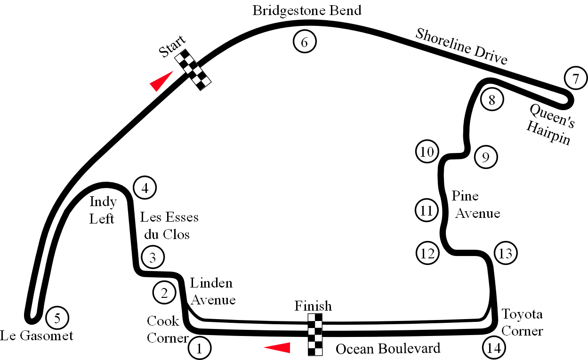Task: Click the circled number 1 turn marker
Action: (x=200, y=349)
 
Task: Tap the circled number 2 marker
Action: (x=164, y=293)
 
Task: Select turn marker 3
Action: (x=152, y=257)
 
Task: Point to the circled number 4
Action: (x=145, y=188)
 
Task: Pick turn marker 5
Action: (x=57, y=319)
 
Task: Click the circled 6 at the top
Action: (x=304, y=42)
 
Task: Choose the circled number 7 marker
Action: (x=575, y=78)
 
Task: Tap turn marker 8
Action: (x=492, y=100)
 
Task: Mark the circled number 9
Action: (x=485, y=157)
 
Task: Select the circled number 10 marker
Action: (x=427, y=152)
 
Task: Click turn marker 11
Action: (x=427, y=210)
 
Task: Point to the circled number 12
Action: (x=427, y=253)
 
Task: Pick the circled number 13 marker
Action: (x=505, y=253)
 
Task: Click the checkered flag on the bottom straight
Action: (x=314, y=334)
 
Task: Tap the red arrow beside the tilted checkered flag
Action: (x=161, y=80)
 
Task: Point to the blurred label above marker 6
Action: (x=306, y=9)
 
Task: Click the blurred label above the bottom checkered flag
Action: (x=314, y=304)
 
